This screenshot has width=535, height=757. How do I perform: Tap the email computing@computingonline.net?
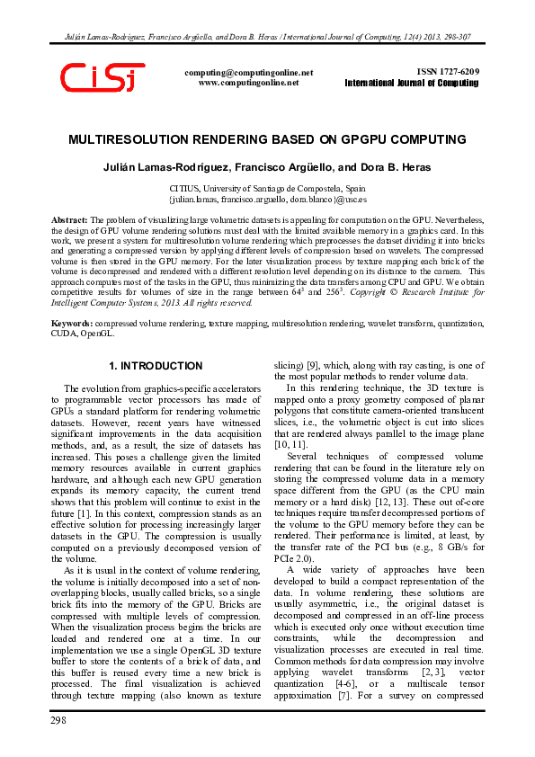[x=248, y=72]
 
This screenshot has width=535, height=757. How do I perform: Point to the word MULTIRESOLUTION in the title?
[x=134, y=141]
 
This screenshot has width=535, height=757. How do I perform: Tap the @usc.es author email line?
[x=267, y=200]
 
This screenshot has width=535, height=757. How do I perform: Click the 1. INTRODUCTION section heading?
[x=156, y=367]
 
